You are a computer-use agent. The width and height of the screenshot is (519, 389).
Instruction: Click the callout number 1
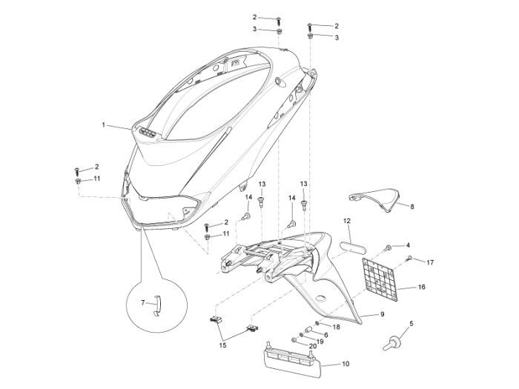[x=104, y=124]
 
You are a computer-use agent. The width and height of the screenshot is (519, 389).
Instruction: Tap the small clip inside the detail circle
[x=156, y=305]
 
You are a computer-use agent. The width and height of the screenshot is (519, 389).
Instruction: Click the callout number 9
[x=383, y=314]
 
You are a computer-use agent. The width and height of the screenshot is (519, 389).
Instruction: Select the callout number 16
[x=422, y=286]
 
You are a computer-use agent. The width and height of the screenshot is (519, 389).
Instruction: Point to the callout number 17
[x=430, y=262]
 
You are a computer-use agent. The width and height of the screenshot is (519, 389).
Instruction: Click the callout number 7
[x=143, y=303]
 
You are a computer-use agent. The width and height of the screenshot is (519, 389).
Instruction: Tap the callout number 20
[x=312, y=346]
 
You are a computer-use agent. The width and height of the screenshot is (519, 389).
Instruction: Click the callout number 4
[x=408, y=245]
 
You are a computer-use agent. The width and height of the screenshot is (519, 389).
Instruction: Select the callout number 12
[x=346, y=221]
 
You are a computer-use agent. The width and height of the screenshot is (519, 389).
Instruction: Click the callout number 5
[x=411, y=323]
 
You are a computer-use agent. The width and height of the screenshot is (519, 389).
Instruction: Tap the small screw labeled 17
[x=409, y=259]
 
